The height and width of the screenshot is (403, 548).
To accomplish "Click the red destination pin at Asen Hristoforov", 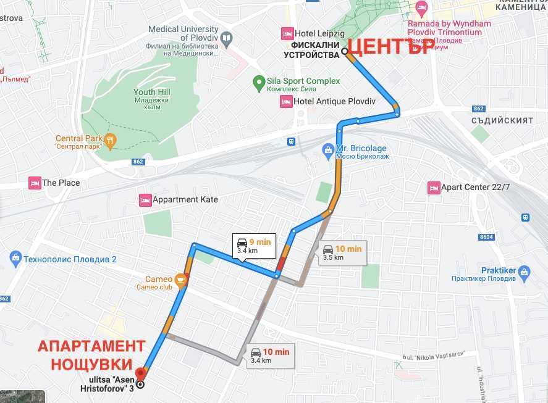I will pyautogui.click(x=140, y=373).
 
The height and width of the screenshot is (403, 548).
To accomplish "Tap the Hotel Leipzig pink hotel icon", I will pyautogui.click(x=287, y=33).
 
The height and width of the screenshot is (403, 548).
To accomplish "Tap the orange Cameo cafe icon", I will pyautogui.click(x=180, y=281).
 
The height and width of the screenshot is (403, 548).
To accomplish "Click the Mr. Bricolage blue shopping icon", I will pyautogui.click(x=329, y=149).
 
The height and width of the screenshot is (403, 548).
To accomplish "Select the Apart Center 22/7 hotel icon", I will pyautogui.click(x=434, y=187).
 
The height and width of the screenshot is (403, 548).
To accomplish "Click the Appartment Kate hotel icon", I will pyautogui.click(x=145, y=200).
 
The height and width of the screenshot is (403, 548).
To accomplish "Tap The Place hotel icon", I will pyautogui.click(x=35, y=183).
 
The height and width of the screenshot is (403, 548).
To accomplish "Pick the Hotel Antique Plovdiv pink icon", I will pyautogui.click(x=286, y=102).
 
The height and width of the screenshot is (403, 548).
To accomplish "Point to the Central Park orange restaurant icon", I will pyautogui.click(x=110, y=139).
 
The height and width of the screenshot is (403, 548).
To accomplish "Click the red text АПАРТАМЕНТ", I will pyautogui.click(x=91, y=346).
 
